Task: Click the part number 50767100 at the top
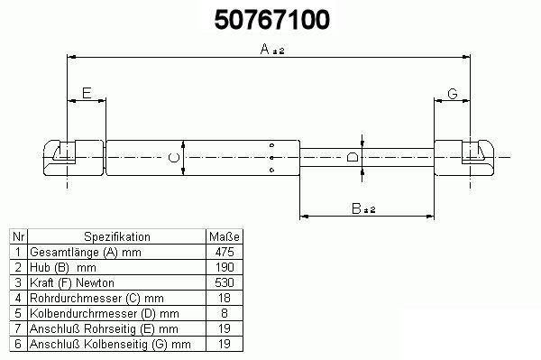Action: (x=272, y=20)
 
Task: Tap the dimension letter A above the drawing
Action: (x=264, y=49)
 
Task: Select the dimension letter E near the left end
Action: (x=87, y=93)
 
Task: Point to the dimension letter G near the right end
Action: (x=453, y=94)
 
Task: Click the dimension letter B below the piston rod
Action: (x=356, y=208)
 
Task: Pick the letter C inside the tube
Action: (x=173, y=158)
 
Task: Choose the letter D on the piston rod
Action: (x=353, y=157)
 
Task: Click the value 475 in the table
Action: (x=225, y=252)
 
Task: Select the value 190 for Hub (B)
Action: (x=225, y=267)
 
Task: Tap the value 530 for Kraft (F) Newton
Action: (x=225, y=282)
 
